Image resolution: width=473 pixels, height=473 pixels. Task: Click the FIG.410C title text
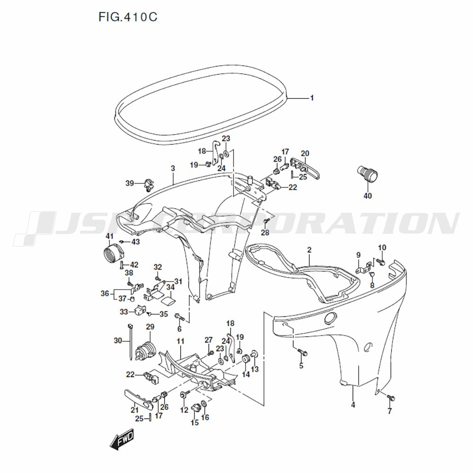click(x=128, y=17)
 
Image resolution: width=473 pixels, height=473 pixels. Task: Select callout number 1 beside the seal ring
click(x=312, y=98)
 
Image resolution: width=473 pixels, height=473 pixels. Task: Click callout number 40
click(x=368, y=196)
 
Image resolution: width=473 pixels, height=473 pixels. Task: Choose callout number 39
click(x=130, y=183)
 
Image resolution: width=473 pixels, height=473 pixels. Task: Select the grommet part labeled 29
click(x=145, y=352)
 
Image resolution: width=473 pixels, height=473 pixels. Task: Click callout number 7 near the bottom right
click(x=389, y=411)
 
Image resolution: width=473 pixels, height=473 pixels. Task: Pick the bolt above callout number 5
click(x=302, y=352)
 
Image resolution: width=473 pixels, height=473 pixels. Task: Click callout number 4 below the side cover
click(x=353, y=405)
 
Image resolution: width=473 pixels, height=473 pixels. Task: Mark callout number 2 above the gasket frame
click(x=309, y=250)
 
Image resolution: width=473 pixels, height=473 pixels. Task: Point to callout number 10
click(x=382, y=248)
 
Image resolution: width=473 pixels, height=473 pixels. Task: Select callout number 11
click(x=180, y=342)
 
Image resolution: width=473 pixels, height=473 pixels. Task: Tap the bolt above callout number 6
click(x=179, y=316)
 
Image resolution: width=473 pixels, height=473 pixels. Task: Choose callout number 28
click(x=265, y=233)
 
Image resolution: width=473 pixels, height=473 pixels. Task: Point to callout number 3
click(x=173, y=168)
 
